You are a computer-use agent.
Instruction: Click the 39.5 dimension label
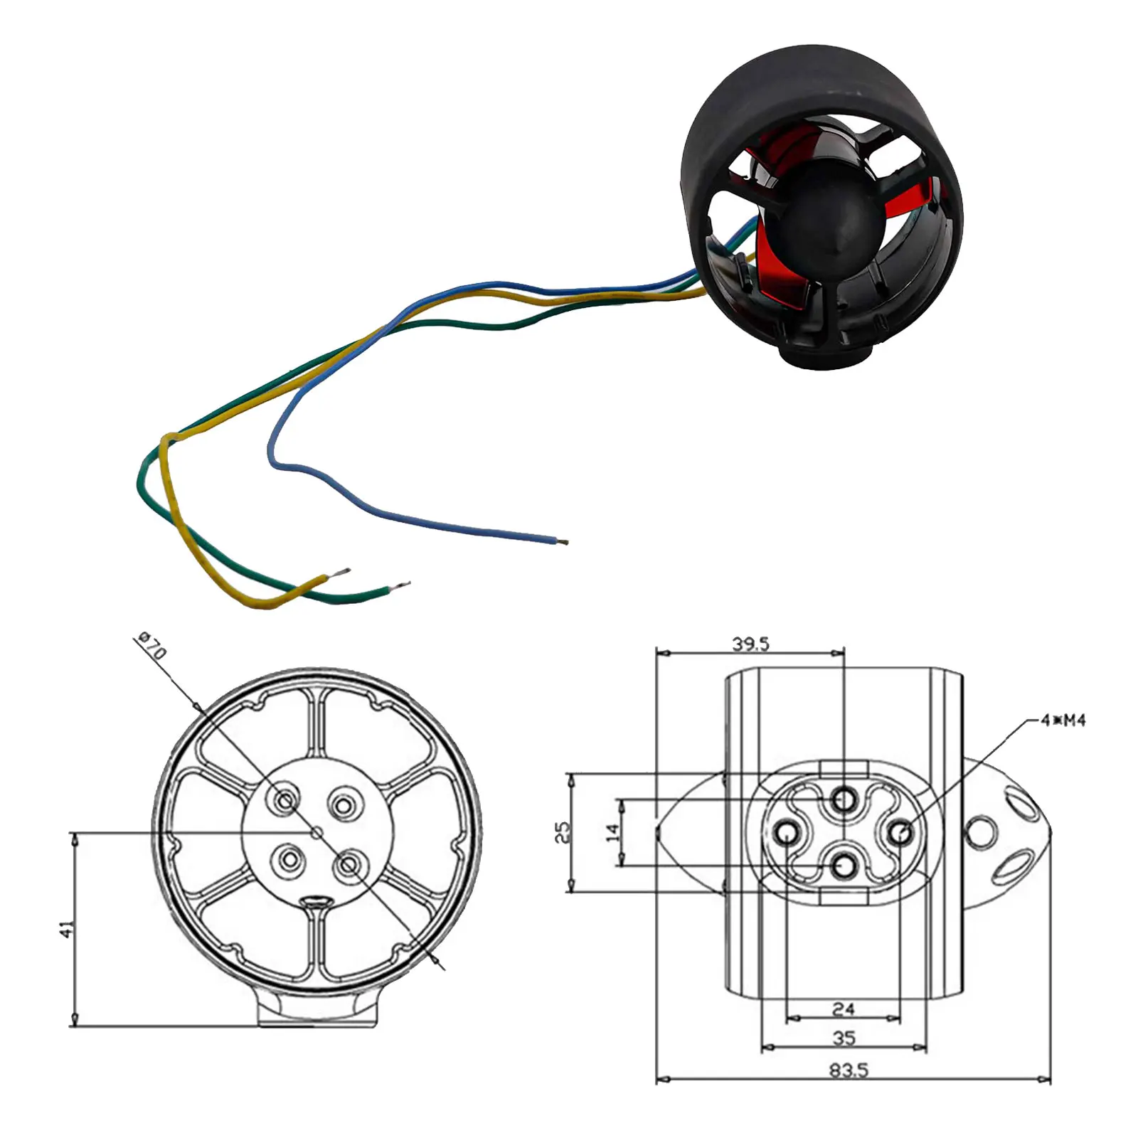coord(751,644)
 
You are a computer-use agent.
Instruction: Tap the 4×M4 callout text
coord(1063,720)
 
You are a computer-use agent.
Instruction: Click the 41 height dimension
coord(66,929)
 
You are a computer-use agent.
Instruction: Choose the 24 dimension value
coord(844,1009)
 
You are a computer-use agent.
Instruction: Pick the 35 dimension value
coord(844,1038)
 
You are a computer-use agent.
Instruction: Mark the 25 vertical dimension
coord(562,832)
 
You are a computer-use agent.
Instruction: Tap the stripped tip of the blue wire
coord(563,542)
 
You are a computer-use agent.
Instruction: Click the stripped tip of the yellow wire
coord(343,572)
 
